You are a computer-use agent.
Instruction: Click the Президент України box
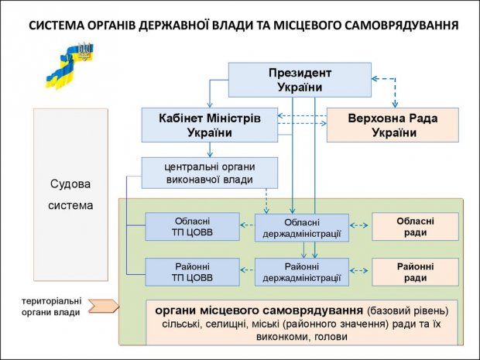pos(299,80)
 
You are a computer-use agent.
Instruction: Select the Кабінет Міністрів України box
pos(210,125)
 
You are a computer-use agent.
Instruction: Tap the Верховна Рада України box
pos(393,125)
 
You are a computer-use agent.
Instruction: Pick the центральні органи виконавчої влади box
pos(209,173)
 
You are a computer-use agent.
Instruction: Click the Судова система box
pos(70,195)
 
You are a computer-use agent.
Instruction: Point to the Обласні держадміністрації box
pos(302,228)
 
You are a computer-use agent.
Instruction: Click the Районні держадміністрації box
pos(302,272)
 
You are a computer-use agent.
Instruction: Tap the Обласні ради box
pos(415,226)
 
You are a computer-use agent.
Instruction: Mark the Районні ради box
pos(415,271)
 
